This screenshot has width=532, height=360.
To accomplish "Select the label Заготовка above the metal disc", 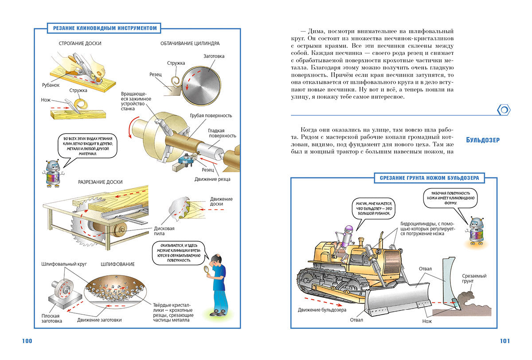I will coord(214,56).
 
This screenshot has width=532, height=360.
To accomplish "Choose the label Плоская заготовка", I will coord(49,318).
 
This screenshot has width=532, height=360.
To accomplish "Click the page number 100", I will coord(27,341).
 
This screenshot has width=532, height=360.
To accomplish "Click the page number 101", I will coord(505,341).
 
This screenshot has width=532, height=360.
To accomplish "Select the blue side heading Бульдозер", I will coord(483,140).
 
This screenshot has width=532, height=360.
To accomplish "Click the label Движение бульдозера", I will coord(322,310).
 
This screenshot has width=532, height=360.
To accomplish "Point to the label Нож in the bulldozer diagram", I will coord(427,321).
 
